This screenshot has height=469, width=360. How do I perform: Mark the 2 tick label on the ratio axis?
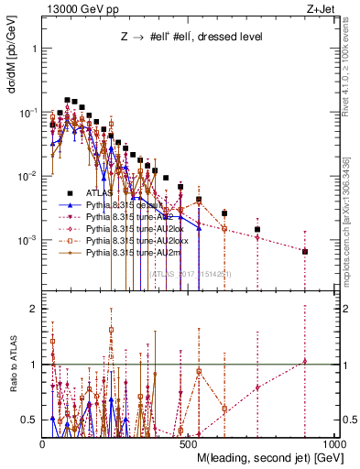(32, 309)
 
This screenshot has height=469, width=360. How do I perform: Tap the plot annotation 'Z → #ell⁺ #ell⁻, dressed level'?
(186, 38)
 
